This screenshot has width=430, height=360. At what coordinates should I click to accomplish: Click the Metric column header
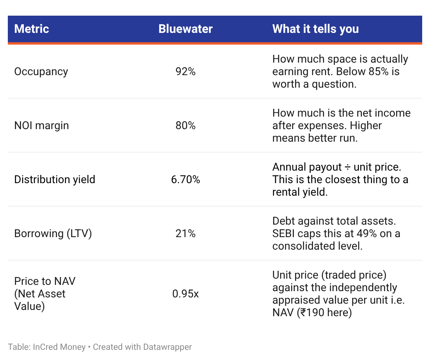pyautogui.click(x=32, y=29)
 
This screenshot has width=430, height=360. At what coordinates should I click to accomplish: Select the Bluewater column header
pyautogui.click(x=185, y=29)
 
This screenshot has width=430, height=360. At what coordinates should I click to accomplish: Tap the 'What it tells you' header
pyautogui.click(x=315, y=29)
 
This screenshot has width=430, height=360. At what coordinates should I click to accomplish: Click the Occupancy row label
pyautogui.click(x=41, y=72)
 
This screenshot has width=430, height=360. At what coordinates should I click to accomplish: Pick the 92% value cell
pyautogui.click(x=185, y=71)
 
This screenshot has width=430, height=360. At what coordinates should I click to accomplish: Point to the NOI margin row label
pyautogui.click(x=41, y=126)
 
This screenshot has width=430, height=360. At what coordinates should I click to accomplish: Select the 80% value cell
pyautogui.click(x=185, y=126)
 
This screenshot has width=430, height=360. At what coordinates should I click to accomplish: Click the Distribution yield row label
pyautogui.click(x=55, y=180)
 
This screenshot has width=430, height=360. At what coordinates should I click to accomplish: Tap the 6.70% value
pyautogui.click(x=185, y=180)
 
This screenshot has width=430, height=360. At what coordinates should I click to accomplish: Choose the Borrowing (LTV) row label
pyautogui.click(x=53, y=234)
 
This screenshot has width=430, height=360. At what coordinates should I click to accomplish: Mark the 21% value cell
pyautogui.click(x=185, y=234)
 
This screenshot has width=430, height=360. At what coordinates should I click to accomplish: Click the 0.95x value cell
pyautogui.click(x=185, y=294)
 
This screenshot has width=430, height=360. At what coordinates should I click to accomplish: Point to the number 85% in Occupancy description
pyautogui.click(x=378, y=71)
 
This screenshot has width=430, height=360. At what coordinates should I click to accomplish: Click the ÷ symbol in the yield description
pyautogui.click(x=348, y=167)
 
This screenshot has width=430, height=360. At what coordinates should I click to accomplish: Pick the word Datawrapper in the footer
pyautogui.click(x=167, y=347)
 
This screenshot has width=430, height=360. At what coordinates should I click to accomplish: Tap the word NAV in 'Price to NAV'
pyautogui.click(x=65, y=281)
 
